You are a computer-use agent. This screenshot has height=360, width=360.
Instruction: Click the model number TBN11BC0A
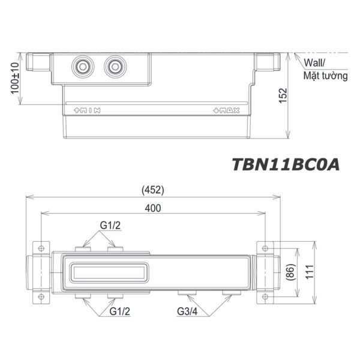click(285, 164)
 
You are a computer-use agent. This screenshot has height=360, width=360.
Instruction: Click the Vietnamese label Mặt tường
click(325, 76)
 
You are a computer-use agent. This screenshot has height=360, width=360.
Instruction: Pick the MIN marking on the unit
click(86, 110)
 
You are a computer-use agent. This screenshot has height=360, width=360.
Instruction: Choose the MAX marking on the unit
click(226, 110)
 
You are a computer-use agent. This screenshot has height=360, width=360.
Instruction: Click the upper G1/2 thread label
click(110, 226)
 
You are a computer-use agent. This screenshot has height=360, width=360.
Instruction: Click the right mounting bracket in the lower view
click(268, 271)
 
